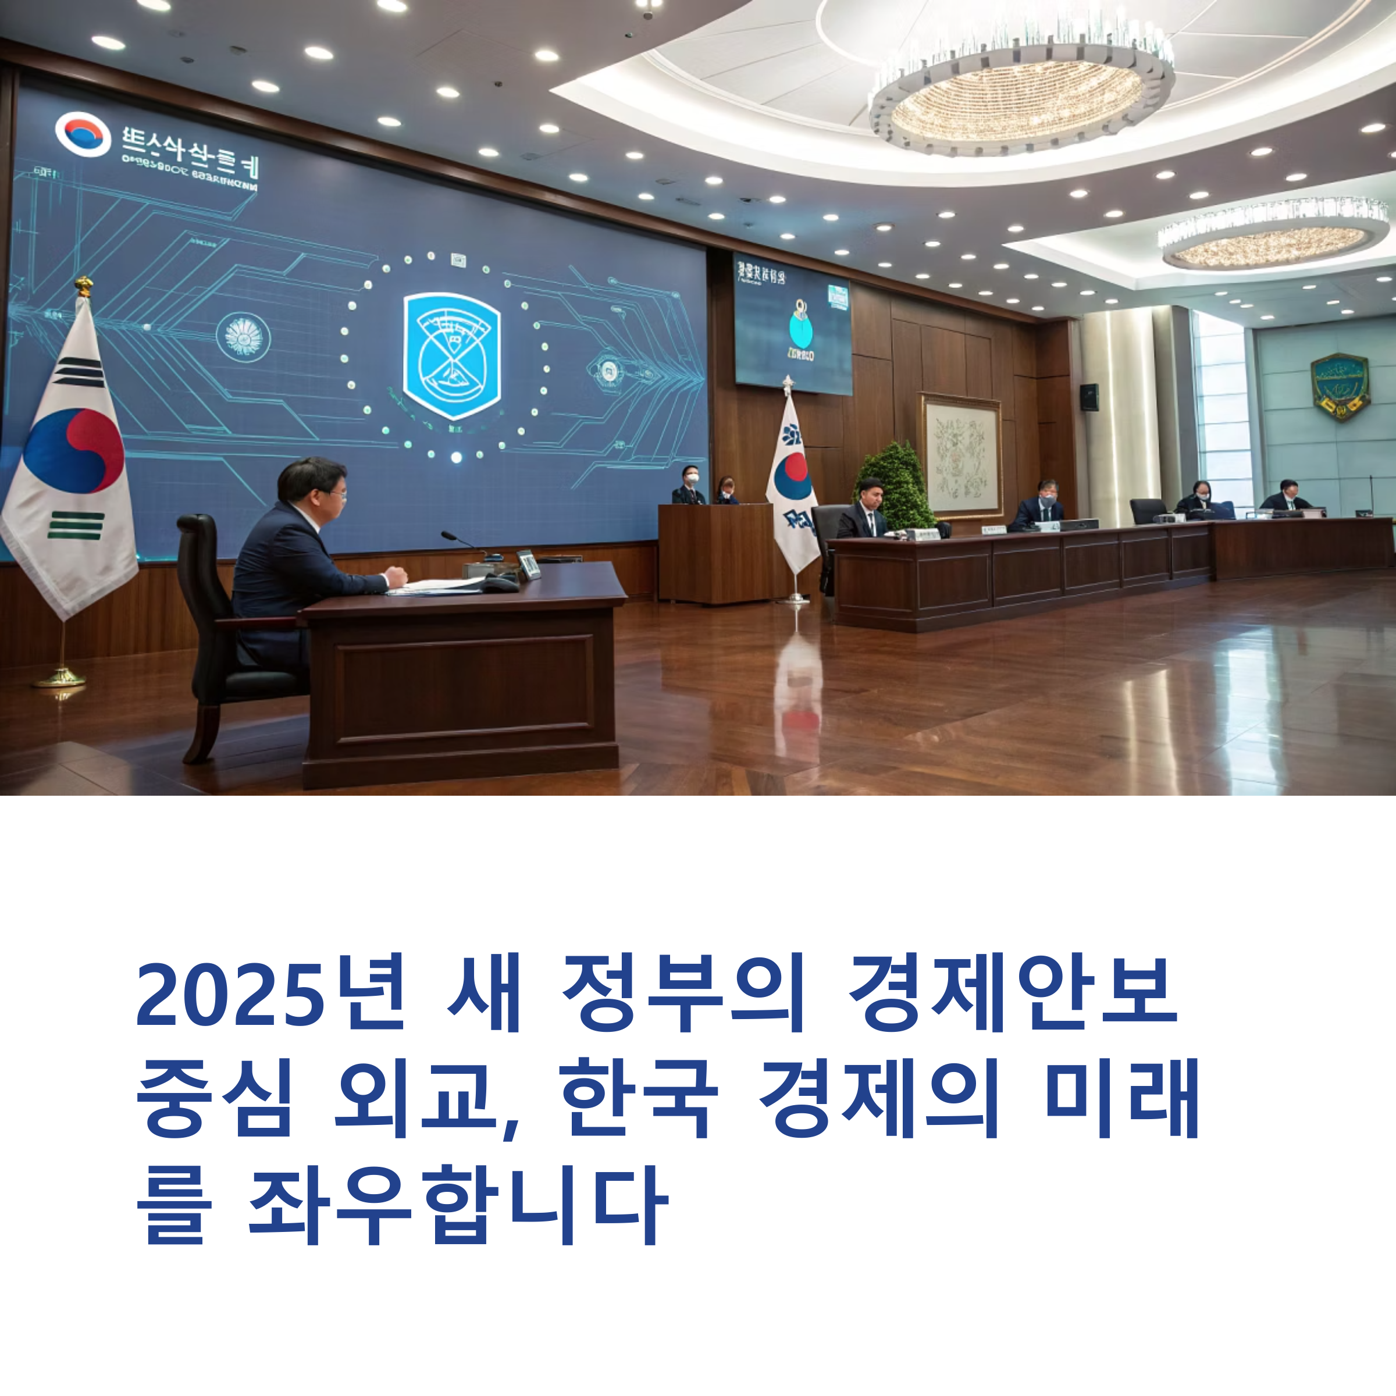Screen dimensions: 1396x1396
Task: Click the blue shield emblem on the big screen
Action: tap(451, 355)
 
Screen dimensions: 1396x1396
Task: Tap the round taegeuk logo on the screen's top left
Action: tap(83, 134)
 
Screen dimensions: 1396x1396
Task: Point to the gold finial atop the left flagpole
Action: tap(84, 286)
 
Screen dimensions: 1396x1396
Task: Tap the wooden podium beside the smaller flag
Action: tap(715, 553)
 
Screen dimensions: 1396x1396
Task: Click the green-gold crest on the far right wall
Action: tap(1340, 387)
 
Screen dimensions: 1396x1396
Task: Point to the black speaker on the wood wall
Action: tap(1089, 397)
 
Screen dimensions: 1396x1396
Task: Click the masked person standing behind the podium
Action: tap(690, 486)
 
